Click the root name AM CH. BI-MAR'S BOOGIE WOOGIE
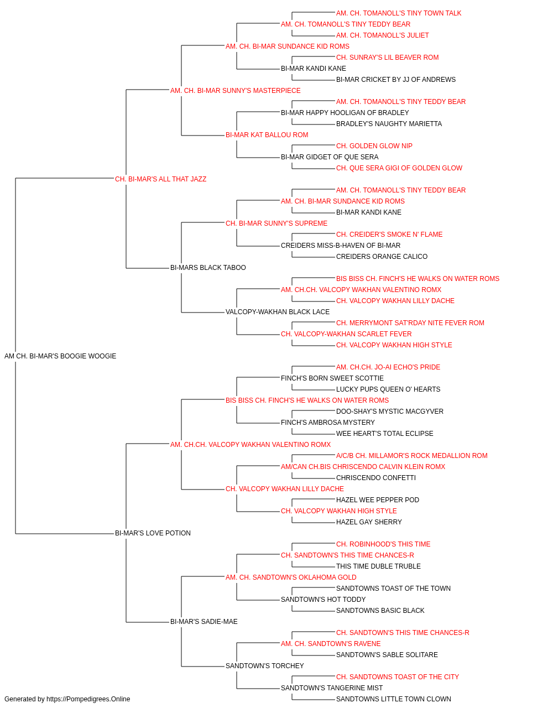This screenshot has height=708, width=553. (x=60, y=356)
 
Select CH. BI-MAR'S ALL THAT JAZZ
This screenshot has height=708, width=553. (x=160, y=179)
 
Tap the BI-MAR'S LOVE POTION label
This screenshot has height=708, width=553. (x=153, y=533)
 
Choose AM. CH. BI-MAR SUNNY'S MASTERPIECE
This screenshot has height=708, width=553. (x=236, y=91)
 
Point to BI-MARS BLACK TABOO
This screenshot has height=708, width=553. (x=208, y=268)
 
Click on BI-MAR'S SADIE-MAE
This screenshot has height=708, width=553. (x=204, y=622)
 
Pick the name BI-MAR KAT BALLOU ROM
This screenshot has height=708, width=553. (x=267, y=135)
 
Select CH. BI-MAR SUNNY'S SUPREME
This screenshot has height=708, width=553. (x=276, y=223)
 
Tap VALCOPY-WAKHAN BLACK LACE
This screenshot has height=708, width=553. (x=278, y=312)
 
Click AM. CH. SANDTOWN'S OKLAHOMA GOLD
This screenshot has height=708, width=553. (x=291, y=577)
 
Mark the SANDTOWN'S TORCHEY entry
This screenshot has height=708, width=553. (x=265, y=666)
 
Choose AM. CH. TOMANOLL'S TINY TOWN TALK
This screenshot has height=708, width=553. (x=399, y=13)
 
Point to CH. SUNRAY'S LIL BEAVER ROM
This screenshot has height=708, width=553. (x=387, y=58)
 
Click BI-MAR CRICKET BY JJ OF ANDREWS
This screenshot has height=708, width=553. (x=396, y=80)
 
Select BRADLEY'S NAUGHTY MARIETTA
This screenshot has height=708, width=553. (x=389, y=124)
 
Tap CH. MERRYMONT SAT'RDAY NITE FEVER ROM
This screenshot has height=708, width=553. (x=410, y=323)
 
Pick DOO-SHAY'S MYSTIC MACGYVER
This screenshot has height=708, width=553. (x=389, y=412)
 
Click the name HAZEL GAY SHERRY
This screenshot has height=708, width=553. (x=369, y=522)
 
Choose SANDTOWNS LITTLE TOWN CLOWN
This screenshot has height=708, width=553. (x=393, y=699)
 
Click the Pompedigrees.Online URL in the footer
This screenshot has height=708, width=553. (x=88, y=699)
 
